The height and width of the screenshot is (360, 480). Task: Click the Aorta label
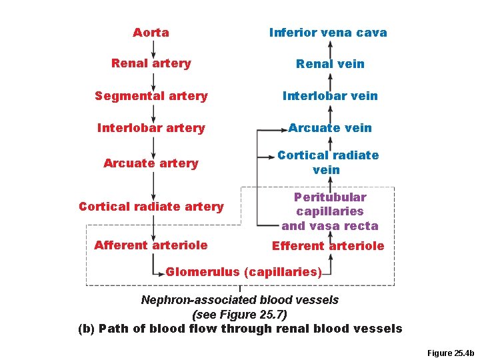(151, 33)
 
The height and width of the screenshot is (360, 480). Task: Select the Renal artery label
(151, 63)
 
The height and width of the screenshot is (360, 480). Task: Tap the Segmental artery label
(151, 96)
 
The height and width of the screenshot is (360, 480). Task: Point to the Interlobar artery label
(151, 128)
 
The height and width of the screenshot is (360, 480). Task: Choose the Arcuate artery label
(151, 163)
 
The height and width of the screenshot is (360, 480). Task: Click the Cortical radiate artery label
(151, 207)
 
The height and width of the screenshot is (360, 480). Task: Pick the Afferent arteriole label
(151, 245)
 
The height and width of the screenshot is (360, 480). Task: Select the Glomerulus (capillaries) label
(244, 272)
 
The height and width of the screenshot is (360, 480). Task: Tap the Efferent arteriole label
(328, 246)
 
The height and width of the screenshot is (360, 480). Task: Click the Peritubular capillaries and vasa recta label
(329, 211)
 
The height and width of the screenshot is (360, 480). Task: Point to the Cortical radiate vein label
(327, 163)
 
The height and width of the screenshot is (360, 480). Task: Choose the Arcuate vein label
(330, 128)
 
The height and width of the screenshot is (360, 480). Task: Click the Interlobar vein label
(330, 96)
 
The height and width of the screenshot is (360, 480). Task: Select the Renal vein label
(330, 64)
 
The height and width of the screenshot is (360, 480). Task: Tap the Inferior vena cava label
(328, 33)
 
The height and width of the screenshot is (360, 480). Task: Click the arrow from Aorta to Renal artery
(153, 48)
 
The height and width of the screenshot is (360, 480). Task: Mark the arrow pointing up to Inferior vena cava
(328, 48)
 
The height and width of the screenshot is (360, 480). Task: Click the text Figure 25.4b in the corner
(449, 353)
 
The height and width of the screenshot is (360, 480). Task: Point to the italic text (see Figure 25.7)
(239, 314)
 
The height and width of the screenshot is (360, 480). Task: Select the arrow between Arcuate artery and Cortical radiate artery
(153, 185)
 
